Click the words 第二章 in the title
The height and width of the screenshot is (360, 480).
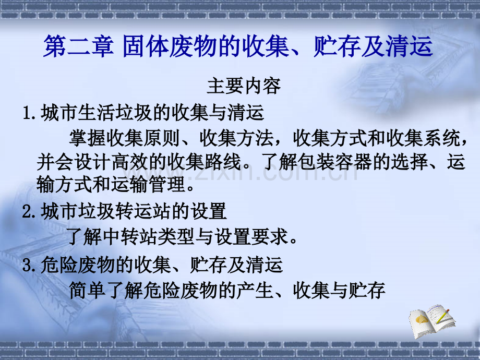pos(78,46)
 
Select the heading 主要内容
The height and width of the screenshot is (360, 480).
pos(244,86)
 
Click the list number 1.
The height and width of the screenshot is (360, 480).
pos(30,113)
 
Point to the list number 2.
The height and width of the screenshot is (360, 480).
pos(30,211)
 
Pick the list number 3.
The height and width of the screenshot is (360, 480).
pos(30,265)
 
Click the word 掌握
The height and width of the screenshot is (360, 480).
pos(88,138)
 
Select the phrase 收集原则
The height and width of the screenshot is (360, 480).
pos(143,138)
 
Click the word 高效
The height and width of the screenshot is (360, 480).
pos(130,162)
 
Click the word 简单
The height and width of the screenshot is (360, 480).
pos(88,290)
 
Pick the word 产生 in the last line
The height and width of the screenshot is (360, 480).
pos(255,290)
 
